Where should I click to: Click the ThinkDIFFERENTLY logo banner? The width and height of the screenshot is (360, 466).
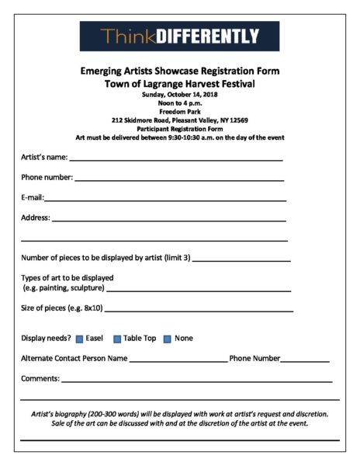pyautogui.click(x=179, y=36)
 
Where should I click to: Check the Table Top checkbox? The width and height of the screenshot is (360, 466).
pyautogui.click(x=117, y=339)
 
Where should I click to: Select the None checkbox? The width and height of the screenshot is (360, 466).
pyautogui.click(x=167, y=339)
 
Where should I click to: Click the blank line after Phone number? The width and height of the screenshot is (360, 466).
pyautogui.click(x=179, y=179)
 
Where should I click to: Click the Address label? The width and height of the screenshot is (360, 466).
pyautogui.click(x=35, y=217)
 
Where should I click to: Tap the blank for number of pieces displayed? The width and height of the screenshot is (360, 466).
pyautogui.click(x=241, y=259)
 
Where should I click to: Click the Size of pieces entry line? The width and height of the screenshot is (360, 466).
pyautogui.click(x=199, y=309)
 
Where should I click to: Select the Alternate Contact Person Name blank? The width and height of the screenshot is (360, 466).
pyautogui.click(x=178, y=360)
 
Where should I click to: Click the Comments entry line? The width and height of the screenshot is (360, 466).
pyautogui.click(x=197, y=381)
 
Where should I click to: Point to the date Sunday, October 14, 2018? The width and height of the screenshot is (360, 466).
pyautogui.click(x=179, y=95)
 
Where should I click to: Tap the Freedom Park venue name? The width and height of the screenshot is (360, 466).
pyautogui.click(x=179, y=112)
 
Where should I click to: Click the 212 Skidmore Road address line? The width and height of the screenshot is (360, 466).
pyautogui.click(x=179, y=120)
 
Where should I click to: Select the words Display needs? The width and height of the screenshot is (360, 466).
pyautogui.click(x=46, y=339)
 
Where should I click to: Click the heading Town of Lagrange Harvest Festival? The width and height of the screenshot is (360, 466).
pyautogui.click(x=179, y=83)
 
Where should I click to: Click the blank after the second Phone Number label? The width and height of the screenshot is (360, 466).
pyautogui.click(x=305, y=360)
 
